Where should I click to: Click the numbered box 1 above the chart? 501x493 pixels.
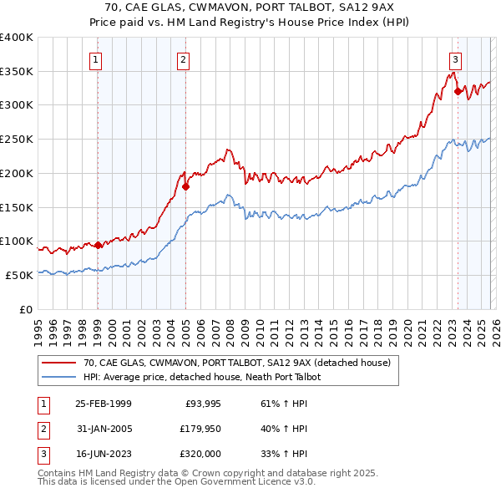[x=97, y=59]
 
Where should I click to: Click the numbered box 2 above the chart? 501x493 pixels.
[x=183, y=59]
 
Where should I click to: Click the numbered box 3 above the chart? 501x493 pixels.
[x=455, y=59]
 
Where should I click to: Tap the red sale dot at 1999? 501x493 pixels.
[x=98, y=245]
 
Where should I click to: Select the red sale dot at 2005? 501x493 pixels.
[x=185, y=187]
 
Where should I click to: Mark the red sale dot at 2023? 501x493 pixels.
[x=458, y=92]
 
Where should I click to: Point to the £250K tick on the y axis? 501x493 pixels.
[x=16, y=140]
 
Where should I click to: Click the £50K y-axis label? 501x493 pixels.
[x=19, y=275]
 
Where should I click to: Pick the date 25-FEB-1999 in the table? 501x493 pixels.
[x=103, y=404]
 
